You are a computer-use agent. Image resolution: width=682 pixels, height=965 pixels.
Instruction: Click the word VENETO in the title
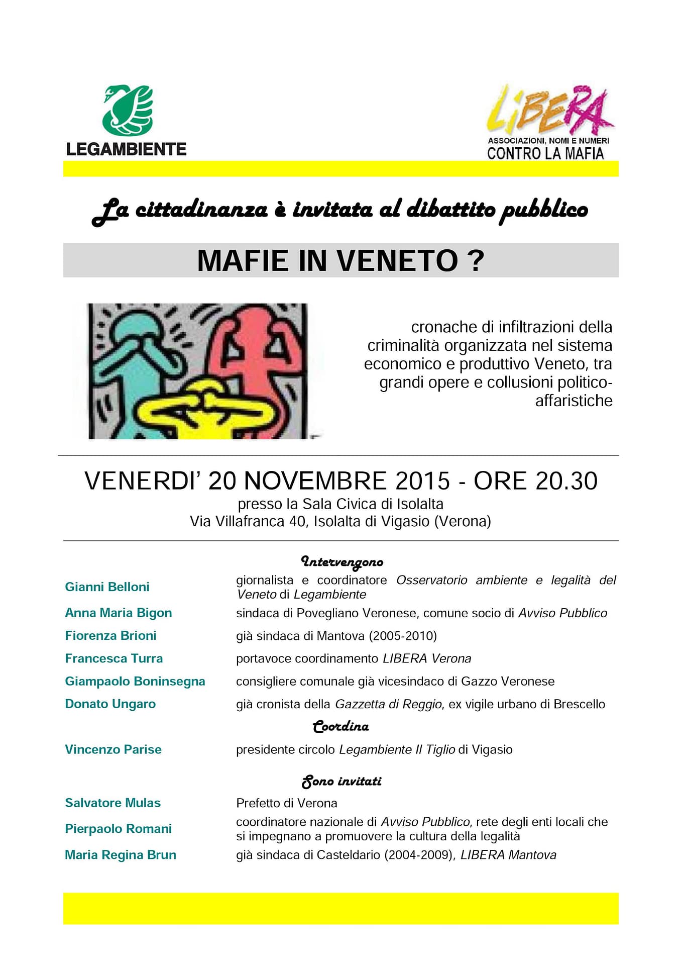[397, 260]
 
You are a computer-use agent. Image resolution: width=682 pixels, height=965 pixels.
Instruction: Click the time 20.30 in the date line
[566, 480]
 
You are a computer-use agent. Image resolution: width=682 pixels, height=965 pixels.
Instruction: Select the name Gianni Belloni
[107, 587]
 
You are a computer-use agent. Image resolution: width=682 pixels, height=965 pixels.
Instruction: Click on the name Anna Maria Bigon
[118, 613]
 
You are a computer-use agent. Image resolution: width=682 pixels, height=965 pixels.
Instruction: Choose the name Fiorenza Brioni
[110, 635]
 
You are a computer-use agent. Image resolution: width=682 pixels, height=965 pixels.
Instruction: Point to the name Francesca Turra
[113, 658]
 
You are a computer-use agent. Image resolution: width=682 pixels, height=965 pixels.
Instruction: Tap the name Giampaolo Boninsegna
[135, 681]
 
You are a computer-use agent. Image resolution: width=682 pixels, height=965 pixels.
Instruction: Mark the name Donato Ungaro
[110, 704]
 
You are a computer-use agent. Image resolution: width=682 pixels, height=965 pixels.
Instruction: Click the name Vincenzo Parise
[113, 749]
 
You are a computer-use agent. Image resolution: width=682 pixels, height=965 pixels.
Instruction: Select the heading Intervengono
[342, 561]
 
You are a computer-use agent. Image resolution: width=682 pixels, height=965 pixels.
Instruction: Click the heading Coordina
[340, 726]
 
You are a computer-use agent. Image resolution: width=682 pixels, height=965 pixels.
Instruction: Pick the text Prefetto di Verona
[286, 803]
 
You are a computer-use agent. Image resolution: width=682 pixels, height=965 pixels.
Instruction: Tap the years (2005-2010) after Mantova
[403, 636]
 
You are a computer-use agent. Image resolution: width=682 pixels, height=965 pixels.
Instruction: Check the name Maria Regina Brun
[120, 855]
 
